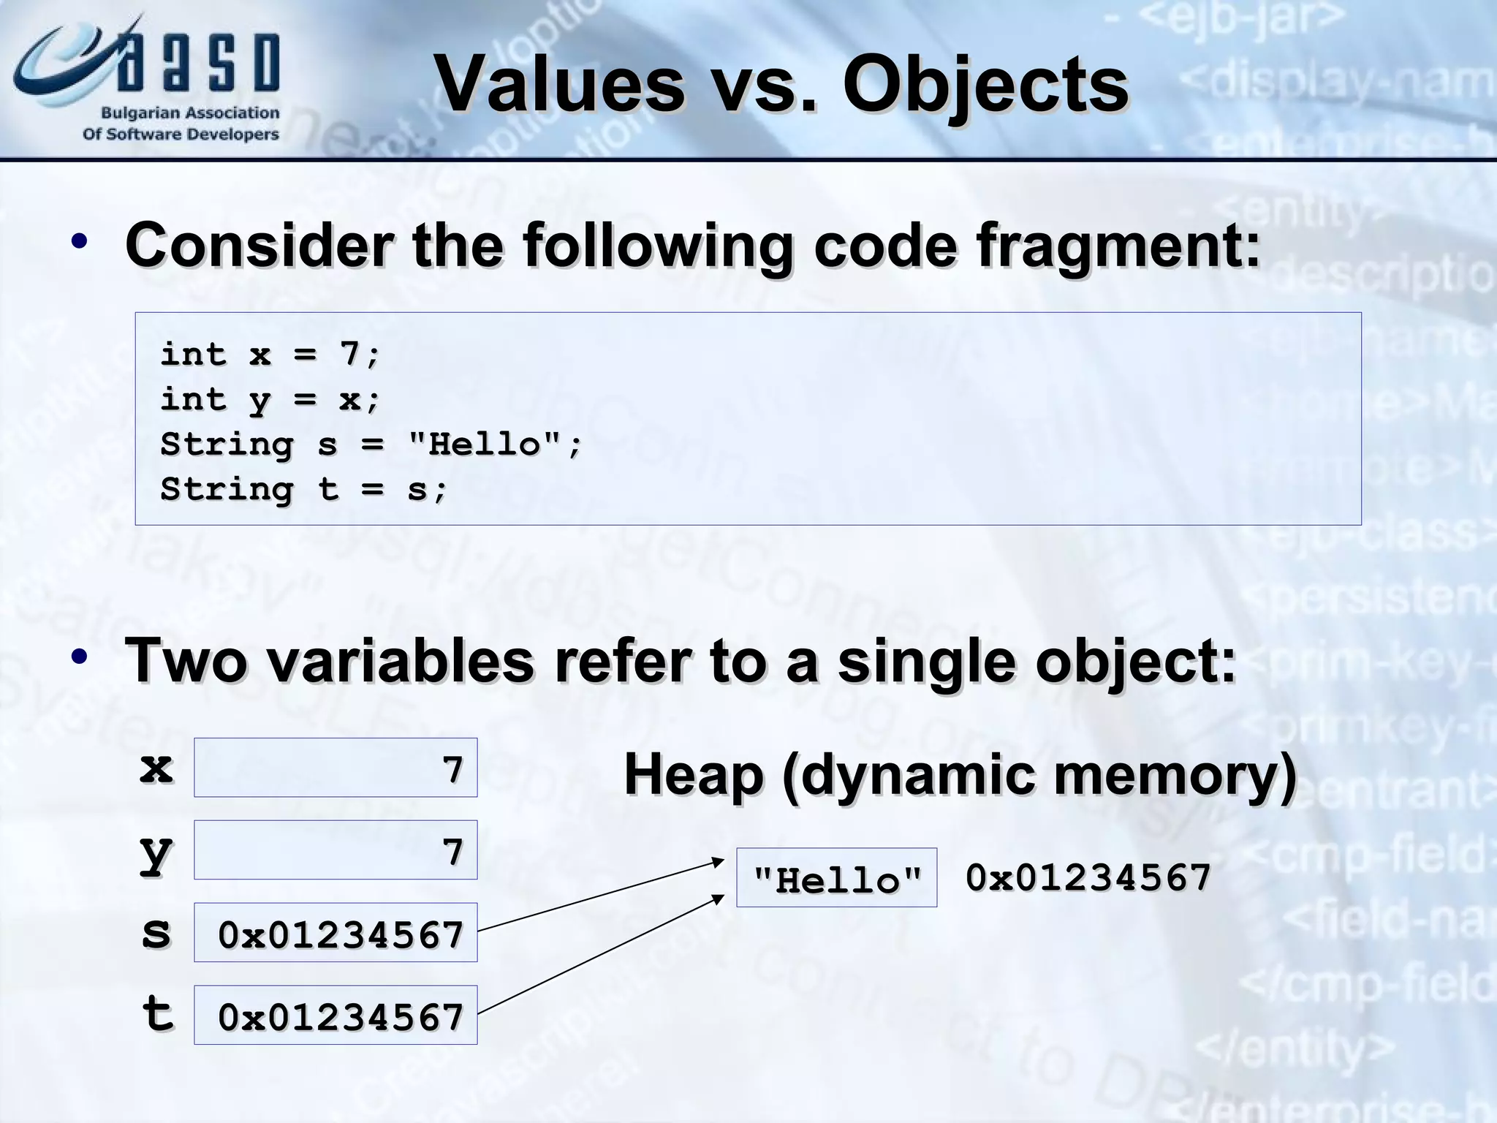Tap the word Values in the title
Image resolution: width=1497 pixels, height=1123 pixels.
click(559, 86)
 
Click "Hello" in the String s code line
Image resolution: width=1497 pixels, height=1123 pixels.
click(485, 445)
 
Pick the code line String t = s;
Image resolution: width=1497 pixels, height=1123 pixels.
click(303, 489)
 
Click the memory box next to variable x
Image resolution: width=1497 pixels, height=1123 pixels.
click(336, 768)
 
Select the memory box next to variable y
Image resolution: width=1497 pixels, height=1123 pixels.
click(336, 850)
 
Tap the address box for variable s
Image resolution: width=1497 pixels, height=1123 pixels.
click(336, 933)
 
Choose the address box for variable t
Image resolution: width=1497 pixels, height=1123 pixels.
click(336, 1016)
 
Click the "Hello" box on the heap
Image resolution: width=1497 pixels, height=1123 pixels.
click(836, 878)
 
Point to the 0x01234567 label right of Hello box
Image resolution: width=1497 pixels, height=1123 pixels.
click(1088, 877)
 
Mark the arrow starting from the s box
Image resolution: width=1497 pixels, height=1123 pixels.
click(599, 896)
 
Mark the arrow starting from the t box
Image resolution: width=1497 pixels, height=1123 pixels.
click(599, 955)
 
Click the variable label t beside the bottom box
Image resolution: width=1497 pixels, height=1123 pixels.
click(157, 1015)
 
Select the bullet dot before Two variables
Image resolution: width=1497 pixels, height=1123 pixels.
click(80, 656)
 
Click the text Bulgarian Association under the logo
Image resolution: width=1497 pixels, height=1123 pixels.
click(190, 113)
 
